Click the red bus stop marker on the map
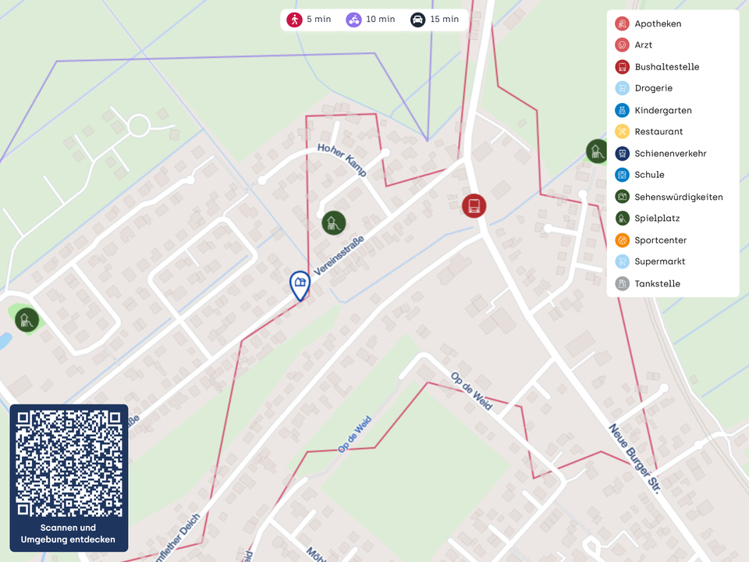(x=474, y=206)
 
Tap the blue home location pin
(x=300, y=284)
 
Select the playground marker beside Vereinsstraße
(x=333, y=222)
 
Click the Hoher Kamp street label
(x=342, y=159)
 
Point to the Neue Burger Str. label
(x=634, y=459)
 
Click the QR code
(x=69, y=464)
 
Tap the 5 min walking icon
(x=294, y=20)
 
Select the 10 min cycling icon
(x=354, y=20)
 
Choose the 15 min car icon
(x=417, y=20)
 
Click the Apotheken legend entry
(x=658, y=24)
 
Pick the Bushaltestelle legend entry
(x=666, y=67)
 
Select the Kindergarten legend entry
(x=662, y=111)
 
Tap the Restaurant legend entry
(x=658, y=132)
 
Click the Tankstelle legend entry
(x=657, y=284)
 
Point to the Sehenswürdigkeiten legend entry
(x=678, y=197)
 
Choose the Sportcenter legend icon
(x=622, y=240)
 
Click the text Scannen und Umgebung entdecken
(x=69, y=534)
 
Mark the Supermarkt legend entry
(x=659, y=261)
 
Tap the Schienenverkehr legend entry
(x=670, y=154)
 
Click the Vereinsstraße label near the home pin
(x=339, y=254)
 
